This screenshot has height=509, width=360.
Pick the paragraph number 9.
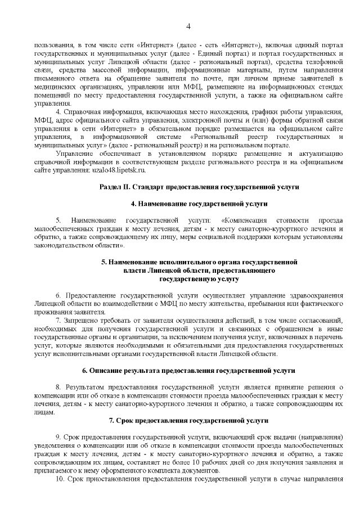(x=58, y=438)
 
